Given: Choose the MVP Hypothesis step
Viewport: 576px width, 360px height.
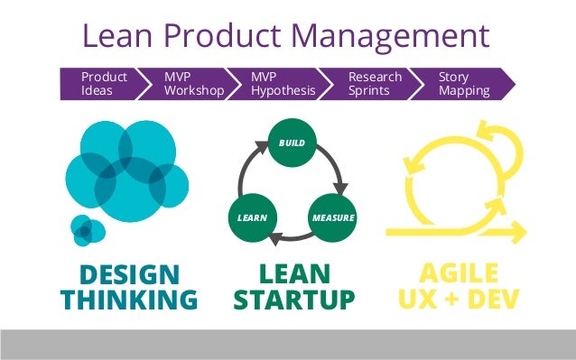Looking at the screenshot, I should pos(283,84).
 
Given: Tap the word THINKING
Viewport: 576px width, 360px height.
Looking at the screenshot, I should pos(130,300).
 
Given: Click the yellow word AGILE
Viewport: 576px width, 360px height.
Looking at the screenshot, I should pos(459,275).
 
